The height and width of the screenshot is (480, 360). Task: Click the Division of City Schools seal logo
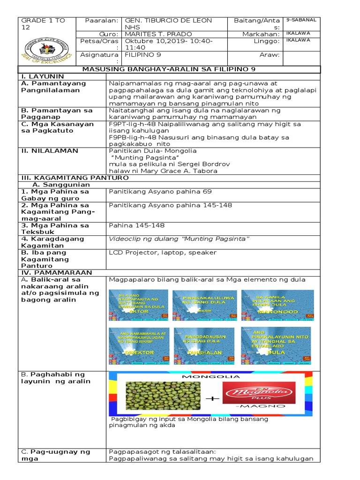[46, 49]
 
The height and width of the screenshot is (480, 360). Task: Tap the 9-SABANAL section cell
[301, 20]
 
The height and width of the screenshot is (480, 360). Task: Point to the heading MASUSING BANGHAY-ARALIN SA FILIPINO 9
[169, 69]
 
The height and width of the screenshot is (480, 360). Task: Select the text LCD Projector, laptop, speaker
[162, 252]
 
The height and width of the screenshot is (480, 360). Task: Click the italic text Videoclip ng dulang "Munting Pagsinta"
[179, 239]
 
